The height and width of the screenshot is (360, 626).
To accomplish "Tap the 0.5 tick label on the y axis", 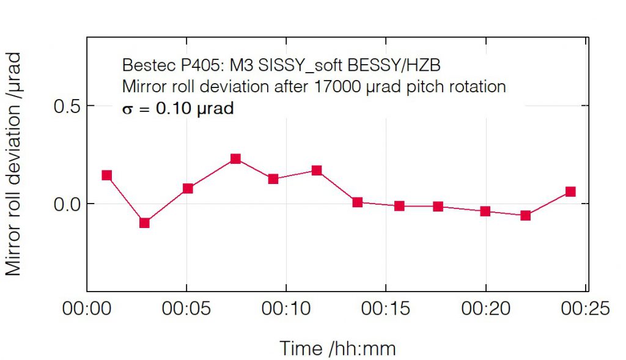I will (x=67, y=106).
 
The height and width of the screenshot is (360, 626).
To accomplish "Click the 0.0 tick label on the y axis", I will (x=67, y=204).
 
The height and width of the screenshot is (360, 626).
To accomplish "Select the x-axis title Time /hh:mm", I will (x=337, y=349).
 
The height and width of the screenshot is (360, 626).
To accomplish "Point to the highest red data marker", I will (x=235, y=159).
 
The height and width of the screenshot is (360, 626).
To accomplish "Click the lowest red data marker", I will (x=144, y=222).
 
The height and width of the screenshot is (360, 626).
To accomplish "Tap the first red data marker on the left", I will (x=107, y=175).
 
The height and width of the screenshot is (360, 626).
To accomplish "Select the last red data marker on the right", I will (x=570, y=192).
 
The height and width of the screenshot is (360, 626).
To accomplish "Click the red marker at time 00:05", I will (x=188, y=188).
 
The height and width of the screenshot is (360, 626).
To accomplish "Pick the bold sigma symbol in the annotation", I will (x=128, y=111).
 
